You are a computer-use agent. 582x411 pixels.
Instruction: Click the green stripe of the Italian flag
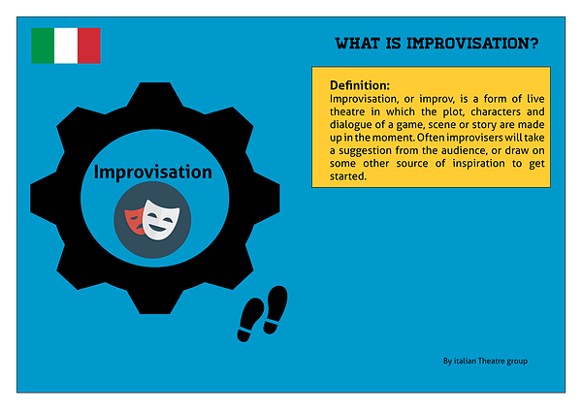pyautogui.click(x=43, y=46)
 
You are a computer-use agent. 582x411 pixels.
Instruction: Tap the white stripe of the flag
pyautogui.click(x=66, y=46)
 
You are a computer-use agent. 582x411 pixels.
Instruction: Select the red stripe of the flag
pyautogui.click(x=89, y=46)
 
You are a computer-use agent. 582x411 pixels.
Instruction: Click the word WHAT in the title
pyautogui.click(x=357, y=44)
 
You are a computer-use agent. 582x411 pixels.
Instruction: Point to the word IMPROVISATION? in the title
pyautogui.click(x=472, y=44)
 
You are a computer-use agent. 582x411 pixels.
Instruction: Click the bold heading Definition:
pyautogui.click(x=360, y=85)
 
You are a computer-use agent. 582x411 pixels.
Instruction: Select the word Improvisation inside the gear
pyautogui.click(x=153, y=172)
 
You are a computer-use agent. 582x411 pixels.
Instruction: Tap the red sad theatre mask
pyautogui.click(x=134, y=221)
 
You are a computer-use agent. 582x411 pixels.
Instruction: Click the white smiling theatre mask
pyautogui.click(x=161, y=220)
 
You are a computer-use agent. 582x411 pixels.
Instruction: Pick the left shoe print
pyautogui.click(x=250, y=319)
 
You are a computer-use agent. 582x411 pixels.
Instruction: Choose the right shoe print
pyautogui.click(x=275, y=309)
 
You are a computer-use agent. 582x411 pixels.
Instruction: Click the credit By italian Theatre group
pyautogui.click(x=485, y=361)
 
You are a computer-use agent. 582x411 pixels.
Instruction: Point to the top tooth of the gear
pyautogui.click(x=155, y=94)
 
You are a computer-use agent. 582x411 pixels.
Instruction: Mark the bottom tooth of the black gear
pyautogui.click(x=155, y=301)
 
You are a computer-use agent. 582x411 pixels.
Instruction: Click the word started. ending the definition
pyautogui.click(x=348, y=176)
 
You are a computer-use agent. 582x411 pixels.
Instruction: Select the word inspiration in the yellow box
pyautogui.click(x=478, y=164)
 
